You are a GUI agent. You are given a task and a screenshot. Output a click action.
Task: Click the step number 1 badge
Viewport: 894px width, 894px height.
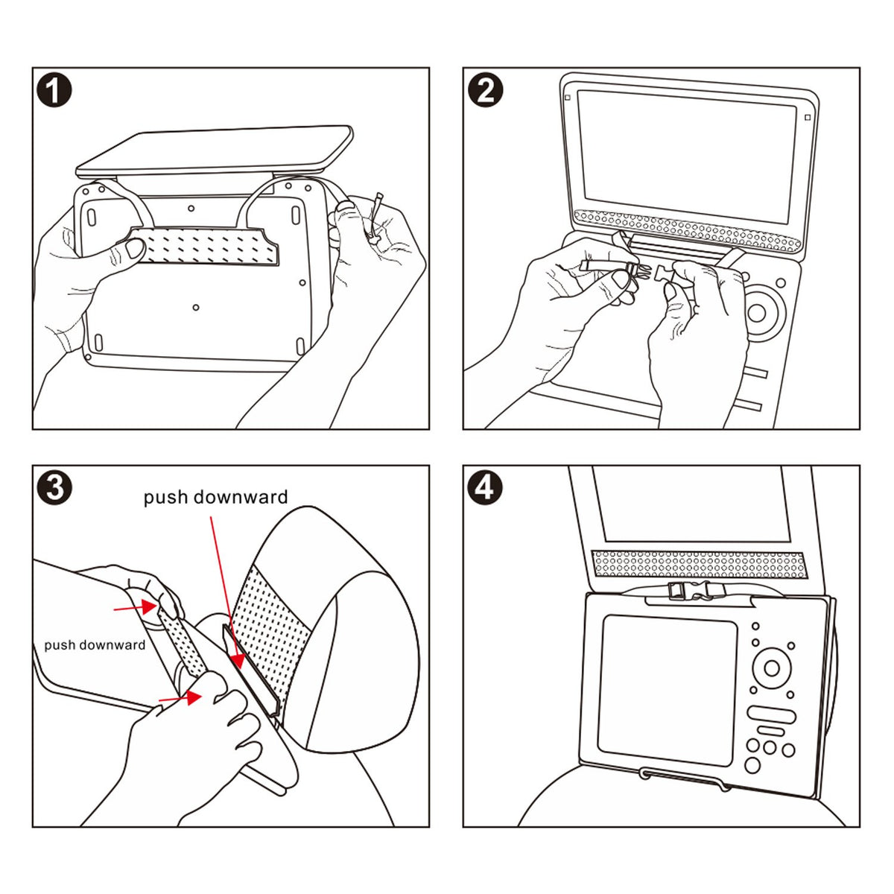tap(54, 91)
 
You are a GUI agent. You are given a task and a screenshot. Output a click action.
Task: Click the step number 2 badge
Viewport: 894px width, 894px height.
tap(485, 91)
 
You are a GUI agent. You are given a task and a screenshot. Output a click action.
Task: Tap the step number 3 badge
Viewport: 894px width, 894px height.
tap(54, 489)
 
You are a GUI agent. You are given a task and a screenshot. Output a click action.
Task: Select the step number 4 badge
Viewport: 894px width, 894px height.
tap(485, 489)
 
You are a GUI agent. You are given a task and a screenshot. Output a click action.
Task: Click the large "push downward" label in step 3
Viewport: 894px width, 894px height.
tap(215, 497)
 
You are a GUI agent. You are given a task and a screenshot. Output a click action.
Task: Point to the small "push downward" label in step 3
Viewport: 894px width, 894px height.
tap(95, 644)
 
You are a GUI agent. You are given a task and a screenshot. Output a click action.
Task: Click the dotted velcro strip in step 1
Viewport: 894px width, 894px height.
tap(205, 245)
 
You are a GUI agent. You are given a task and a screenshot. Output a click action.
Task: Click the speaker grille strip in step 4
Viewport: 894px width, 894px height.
tap(697, 564)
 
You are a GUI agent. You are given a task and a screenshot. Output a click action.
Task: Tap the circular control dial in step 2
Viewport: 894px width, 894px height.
tap(756, 312)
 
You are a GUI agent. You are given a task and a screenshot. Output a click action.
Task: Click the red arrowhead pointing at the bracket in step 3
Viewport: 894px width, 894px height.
tap(237, 659)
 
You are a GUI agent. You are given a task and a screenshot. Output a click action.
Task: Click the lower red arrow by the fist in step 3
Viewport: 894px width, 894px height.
tap(183, 697)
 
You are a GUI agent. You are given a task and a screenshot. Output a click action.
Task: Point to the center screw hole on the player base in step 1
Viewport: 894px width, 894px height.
tap(196, 307)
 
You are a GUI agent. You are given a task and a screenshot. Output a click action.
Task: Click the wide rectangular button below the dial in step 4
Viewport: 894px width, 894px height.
tap(771, 714)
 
